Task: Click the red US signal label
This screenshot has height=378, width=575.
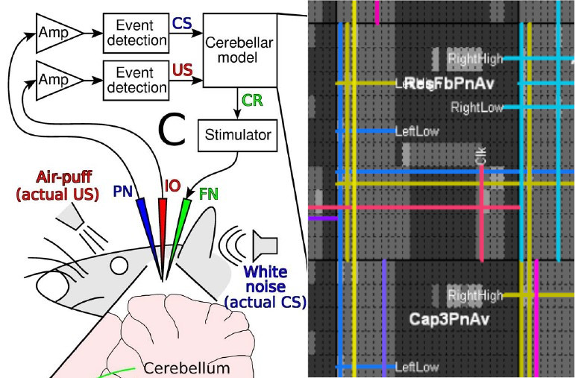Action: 182,72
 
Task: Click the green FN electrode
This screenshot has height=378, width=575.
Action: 179,231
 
